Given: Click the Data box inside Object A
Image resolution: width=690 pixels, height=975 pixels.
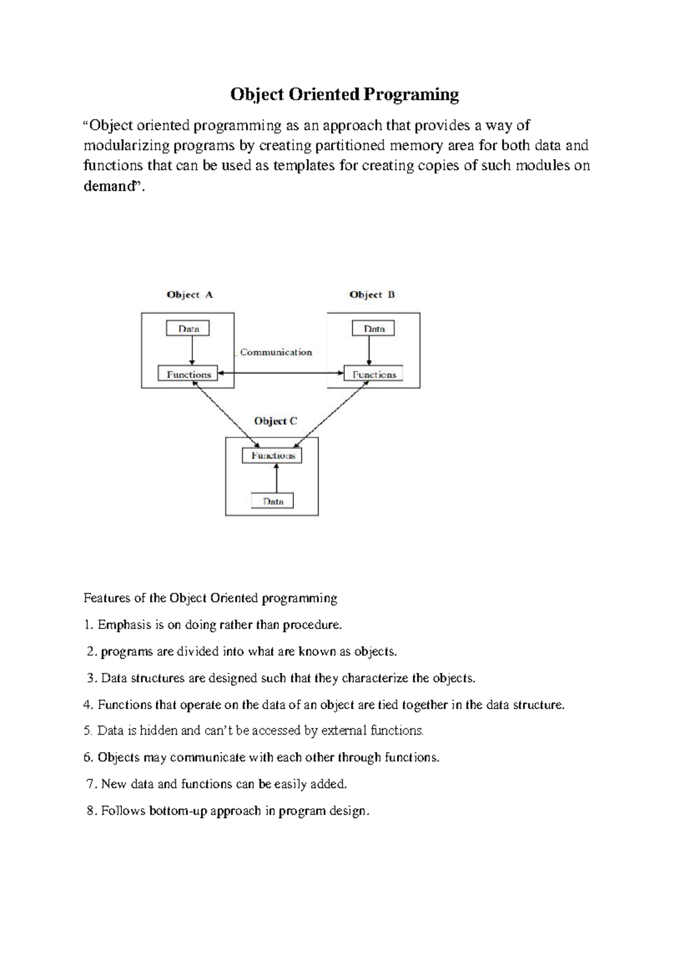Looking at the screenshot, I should tap(188, 329).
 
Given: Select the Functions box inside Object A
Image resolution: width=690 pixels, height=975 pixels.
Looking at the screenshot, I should tap(189, 374).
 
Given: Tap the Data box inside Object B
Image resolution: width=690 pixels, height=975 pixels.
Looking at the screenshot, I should tap(374, 329).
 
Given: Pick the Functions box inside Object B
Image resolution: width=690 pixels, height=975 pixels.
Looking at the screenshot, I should tap(374, 374).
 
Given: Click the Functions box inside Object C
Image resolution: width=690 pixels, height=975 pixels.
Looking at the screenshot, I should tap(273, 455).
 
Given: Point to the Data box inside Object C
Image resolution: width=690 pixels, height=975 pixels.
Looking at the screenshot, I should tap(273, 501).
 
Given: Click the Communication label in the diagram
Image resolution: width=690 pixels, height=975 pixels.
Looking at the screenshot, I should tap(276, 352).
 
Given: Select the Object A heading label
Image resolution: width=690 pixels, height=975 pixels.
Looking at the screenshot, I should tap(190, 295).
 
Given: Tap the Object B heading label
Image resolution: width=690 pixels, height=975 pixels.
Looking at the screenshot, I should tap(372, 295).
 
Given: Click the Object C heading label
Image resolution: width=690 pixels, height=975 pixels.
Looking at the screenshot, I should tap(275, 421).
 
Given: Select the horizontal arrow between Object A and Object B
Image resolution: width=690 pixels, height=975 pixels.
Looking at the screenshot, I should tap(281, 374).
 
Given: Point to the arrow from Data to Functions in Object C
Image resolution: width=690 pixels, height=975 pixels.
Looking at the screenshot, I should tap(277, 478).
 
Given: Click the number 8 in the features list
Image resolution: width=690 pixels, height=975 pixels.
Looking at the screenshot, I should tap(90, 811).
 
